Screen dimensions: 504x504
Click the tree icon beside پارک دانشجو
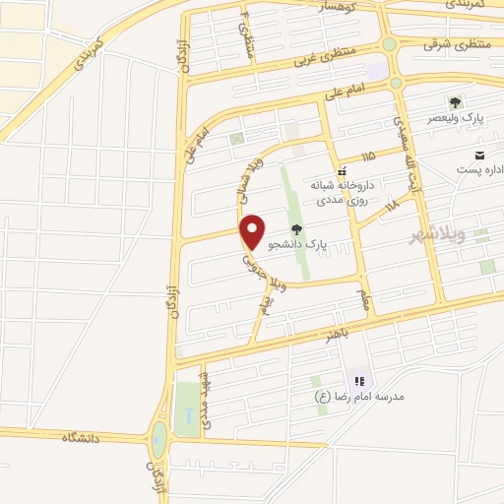tap(296, 228)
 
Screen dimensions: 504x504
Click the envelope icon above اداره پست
tap(479, 156)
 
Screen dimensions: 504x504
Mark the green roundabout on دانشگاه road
tap(158, 437)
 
